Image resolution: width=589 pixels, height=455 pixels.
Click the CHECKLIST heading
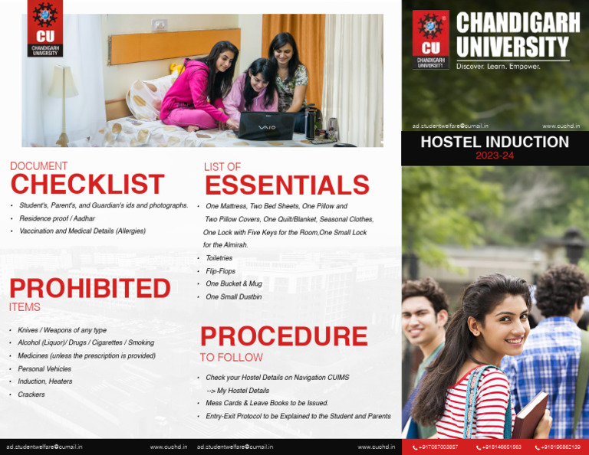(x=87, y=185)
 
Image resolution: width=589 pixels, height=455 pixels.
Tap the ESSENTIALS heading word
(x=287, y=185)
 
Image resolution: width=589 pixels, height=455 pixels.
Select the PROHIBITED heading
(x=90, y=289)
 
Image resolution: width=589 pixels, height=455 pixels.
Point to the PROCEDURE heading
(x=284, y=336)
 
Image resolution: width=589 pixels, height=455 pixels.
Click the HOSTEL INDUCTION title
(x=495, y=142)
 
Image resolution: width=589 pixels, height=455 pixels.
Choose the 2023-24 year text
(x=495, y=155)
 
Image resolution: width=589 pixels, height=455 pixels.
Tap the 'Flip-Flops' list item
(x=221, y=271)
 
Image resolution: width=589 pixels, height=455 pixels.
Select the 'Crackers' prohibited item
(x=31, y=394)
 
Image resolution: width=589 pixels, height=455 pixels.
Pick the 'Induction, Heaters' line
(x=45, y=381)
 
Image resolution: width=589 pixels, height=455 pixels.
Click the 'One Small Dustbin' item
(x=234, y=296)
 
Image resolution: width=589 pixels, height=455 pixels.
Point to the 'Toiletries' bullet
(x=220, y=258)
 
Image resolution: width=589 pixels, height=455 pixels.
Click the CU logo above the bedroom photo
(x=45, y=28)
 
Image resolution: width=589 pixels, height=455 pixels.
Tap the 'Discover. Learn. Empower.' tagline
(x=499, y=67)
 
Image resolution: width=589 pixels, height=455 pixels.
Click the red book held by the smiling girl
(x=531, y=414)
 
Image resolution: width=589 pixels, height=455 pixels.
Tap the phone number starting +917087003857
(x=436, y=447)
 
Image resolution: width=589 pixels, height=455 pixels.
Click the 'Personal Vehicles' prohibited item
(x=44, y=368)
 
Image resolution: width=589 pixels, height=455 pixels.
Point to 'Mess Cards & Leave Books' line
(x=267, y=403)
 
